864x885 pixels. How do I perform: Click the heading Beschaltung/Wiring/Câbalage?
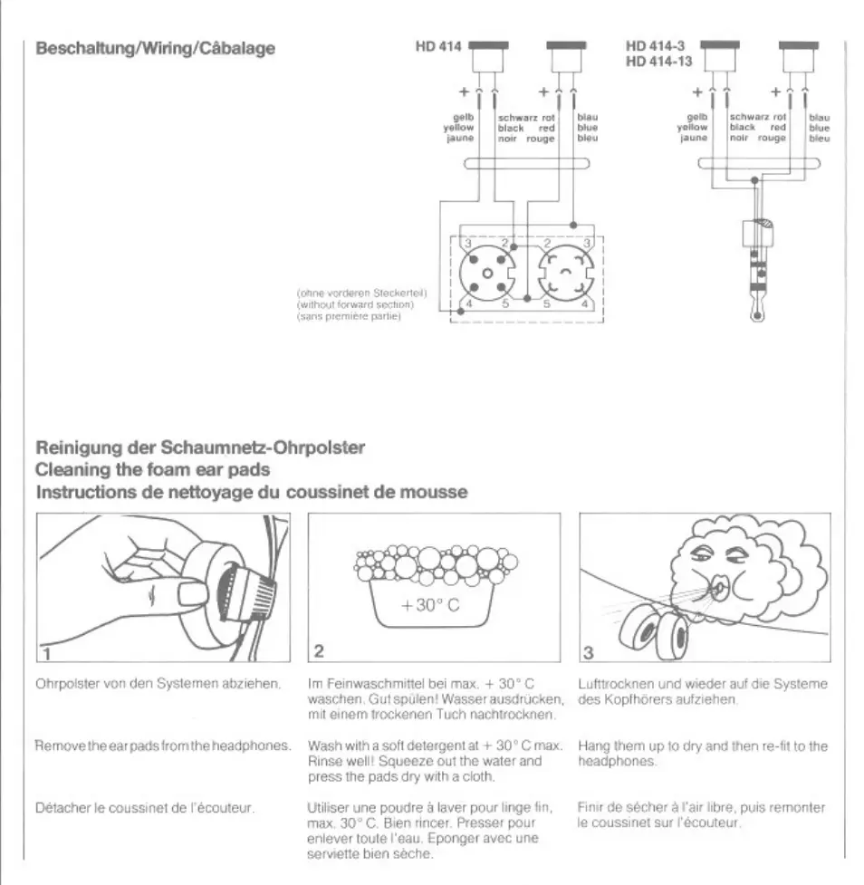coord(154,48)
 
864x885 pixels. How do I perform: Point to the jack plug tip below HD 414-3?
coord(757,314)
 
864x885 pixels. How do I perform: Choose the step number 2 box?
coord(319,652)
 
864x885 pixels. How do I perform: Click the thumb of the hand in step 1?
coord(192,595)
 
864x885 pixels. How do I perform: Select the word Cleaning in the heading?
coord(71,470)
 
